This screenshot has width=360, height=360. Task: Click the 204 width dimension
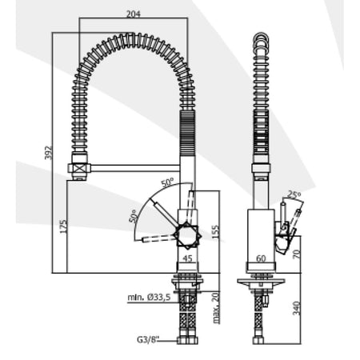point(133,14)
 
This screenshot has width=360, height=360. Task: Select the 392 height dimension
point(48,153)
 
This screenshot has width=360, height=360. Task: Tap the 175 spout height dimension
point(63,226)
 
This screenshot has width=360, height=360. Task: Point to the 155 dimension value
point(216,232)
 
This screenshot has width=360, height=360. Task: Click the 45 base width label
point(188,258)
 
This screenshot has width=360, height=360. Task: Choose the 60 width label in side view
point(261,258)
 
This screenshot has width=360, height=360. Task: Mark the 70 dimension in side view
point(296,254)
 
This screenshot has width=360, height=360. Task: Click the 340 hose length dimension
point(296,308)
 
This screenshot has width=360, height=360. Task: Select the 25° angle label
point(294,195)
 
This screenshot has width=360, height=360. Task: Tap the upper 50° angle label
point(167,182)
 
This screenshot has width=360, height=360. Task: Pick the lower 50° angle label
point(134,216)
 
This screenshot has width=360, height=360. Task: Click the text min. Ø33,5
point(149,297)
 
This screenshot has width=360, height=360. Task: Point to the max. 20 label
point(217,308)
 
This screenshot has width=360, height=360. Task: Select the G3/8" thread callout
point(148,340)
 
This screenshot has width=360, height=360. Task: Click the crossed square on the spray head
point(79,168)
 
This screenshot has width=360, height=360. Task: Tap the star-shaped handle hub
point(187,236)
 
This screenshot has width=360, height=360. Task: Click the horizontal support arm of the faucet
point(134,168)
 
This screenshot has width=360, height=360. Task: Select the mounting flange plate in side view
point(261,281)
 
